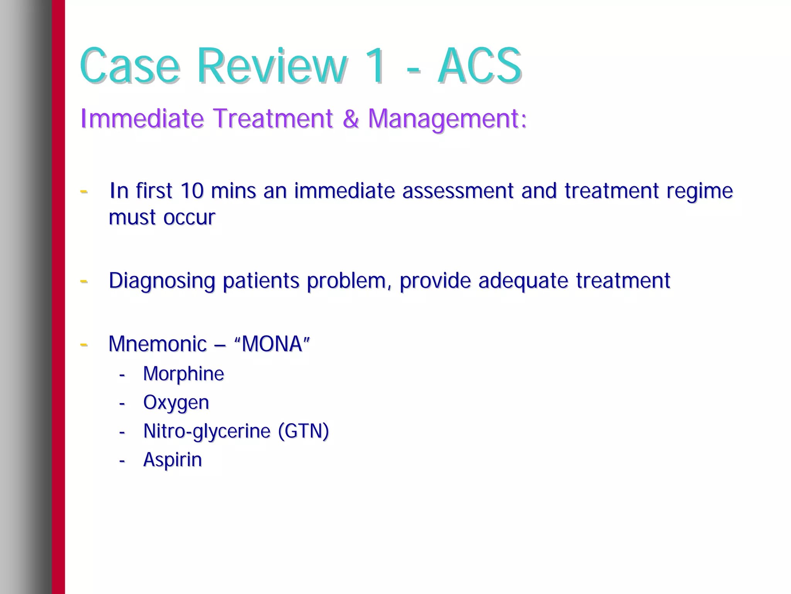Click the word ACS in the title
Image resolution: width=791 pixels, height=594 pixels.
480,66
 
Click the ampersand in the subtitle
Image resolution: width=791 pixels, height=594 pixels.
350,118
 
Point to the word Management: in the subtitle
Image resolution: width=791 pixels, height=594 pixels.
447,119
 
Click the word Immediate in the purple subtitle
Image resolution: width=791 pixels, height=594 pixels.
142,118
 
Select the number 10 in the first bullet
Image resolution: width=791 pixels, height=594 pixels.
192,191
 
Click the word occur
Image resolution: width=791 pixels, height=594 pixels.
189,218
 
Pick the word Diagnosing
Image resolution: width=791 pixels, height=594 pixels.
161,281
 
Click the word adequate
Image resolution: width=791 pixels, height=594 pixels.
523,281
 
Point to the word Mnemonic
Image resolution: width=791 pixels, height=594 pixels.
158,344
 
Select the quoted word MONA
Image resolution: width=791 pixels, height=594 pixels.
272,344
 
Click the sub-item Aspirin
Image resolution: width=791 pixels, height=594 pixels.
172,460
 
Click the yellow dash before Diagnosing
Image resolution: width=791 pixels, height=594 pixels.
83,281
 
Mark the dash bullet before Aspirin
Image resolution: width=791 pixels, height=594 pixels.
122,461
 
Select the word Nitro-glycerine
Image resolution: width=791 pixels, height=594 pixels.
207,431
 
